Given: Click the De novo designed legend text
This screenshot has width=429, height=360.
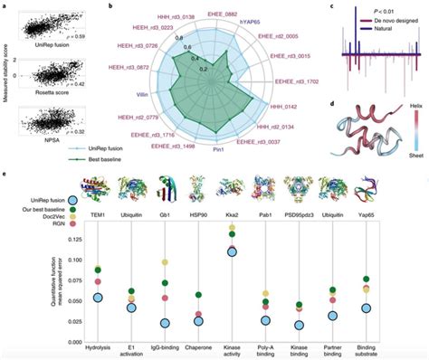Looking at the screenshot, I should click(372, 18).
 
